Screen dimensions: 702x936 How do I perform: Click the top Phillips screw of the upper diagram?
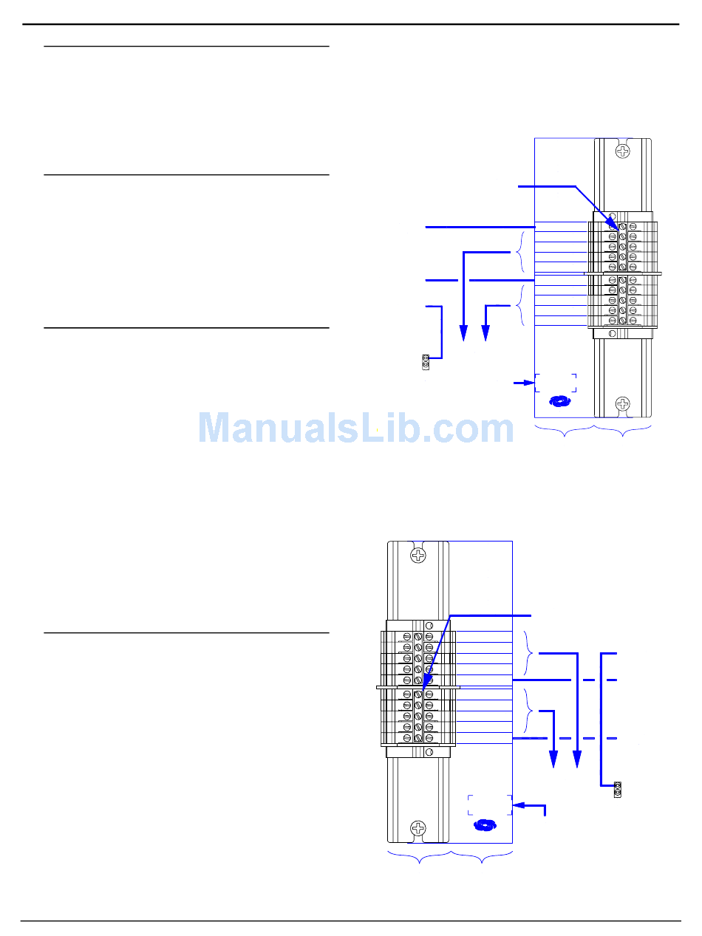[x=624, y=151]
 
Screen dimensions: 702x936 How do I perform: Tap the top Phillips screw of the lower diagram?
[x=419, y=555]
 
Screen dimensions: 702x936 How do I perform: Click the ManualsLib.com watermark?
[x=356, y=428]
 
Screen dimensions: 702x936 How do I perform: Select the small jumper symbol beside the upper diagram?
[x=425, y=362]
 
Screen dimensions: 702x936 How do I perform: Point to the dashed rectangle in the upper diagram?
[x=556, y=383]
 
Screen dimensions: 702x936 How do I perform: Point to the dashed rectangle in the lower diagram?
[x=489, y=805]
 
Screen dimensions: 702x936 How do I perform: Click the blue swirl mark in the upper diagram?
[x=561, y=402]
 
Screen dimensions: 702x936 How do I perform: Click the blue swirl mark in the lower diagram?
[x=485, y=825]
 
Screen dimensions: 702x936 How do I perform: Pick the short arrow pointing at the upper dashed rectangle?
[x=523, y=383]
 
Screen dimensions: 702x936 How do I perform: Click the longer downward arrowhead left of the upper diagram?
[x=463, y=335]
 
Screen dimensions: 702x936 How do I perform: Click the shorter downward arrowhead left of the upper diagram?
[x=485, y=333]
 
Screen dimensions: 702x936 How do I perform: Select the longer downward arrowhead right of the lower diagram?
[x=577, y=760]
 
